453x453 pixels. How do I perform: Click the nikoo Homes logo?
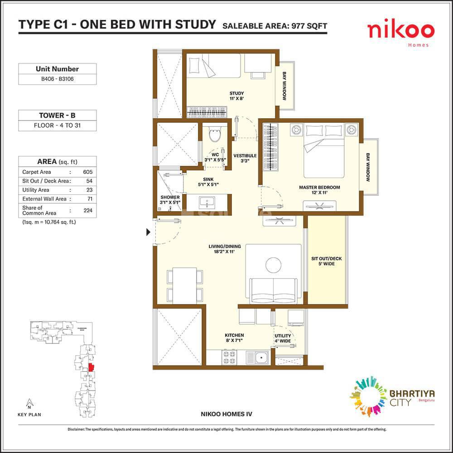[400, 33]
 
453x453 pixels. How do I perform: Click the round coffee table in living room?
[274, 265]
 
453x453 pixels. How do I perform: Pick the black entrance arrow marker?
[148, 232]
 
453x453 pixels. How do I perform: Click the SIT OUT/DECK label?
[326, 261]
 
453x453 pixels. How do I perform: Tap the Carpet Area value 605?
[87, 172]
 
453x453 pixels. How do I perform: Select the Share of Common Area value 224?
[87, 210]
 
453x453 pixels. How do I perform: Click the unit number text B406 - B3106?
[57, 80]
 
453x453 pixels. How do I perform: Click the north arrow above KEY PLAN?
[29, 402]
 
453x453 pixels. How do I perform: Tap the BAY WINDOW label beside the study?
[284, 86]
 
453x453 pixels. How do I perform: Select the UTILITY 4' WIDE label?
[283, 338]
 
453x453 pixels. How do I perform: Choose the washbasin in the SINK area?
[208, 201]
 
